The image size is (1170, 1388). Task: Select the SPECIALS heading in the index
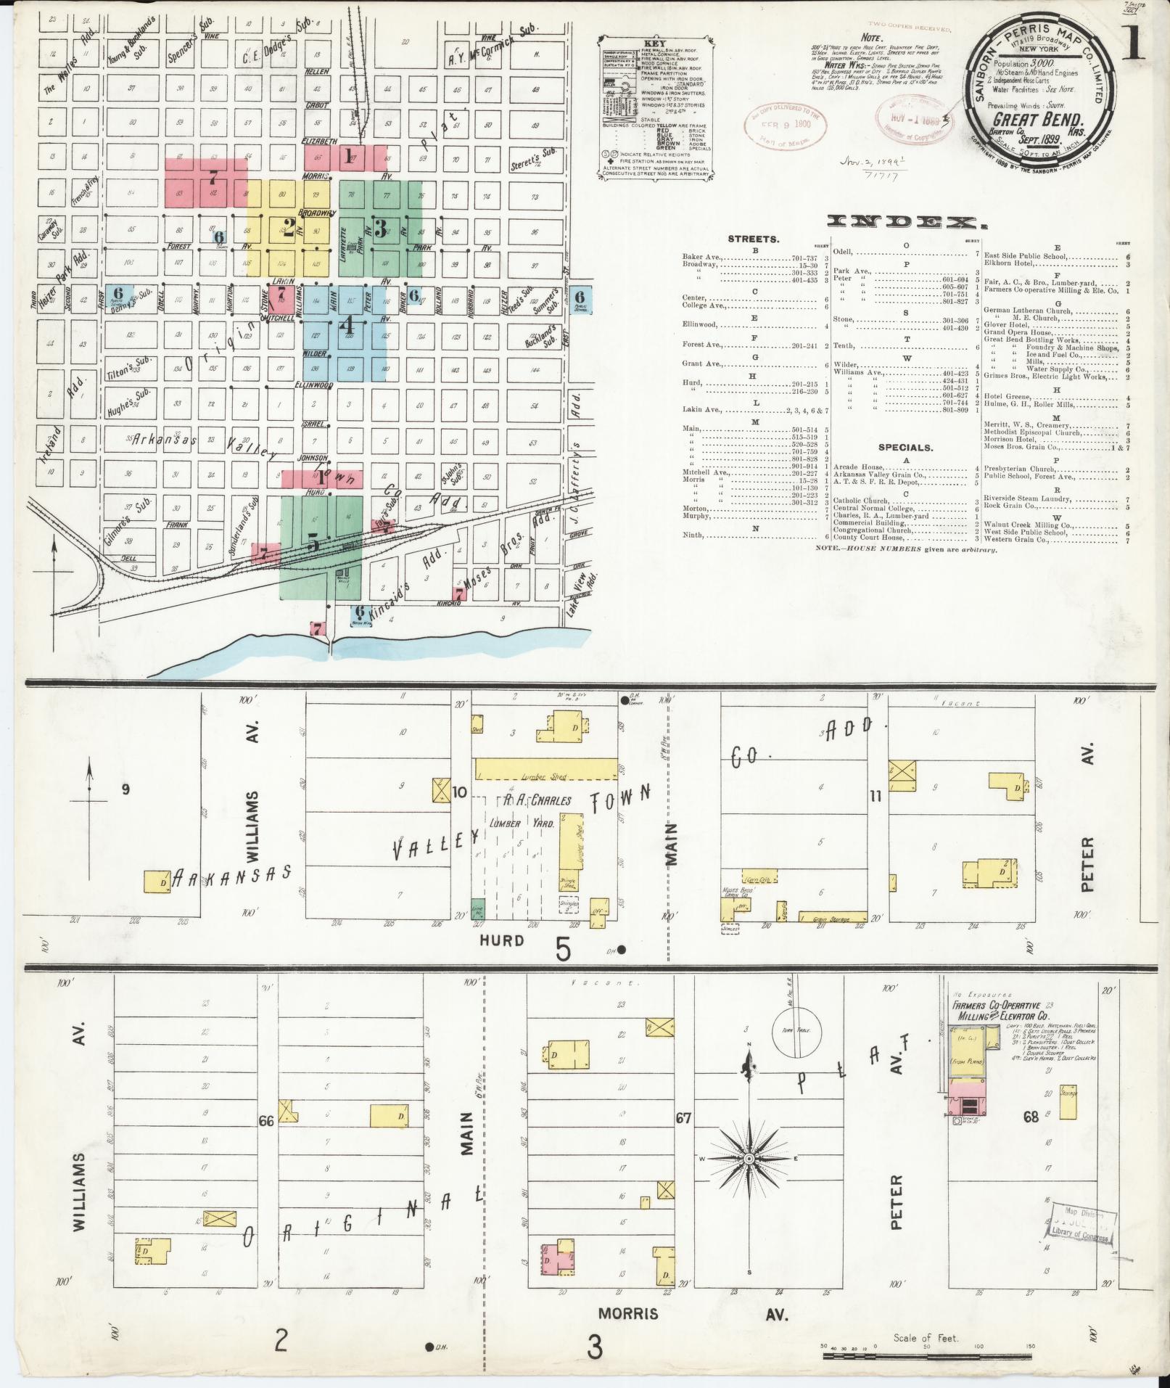[x=905, y=448]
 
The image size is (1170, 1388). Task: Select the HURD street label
[x=502, y=940]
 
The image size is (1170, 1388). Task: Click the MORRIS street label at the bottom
[x=628, y=1313]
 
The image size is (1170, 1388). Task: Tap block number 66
[x=265, y=1121]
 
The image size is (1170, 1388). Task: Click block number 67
[x=683, y=1117]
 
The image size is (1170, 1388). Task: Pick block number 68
[x=1031, y=1117]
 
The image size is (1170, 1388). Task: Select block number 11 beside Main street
[x=876, y=797]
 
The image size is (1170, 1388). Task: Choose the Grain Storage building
[x=832, y=917]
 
